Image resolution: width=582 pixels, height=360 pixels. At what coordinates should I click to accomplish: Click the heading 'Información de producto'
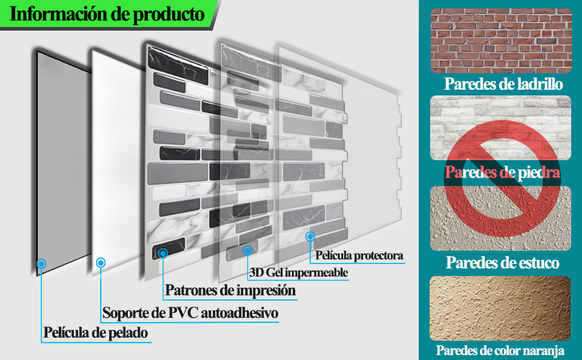coord(107,14)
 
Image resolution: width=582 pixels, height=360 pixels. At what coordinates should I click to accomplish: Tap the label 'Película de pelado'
coord(95,332)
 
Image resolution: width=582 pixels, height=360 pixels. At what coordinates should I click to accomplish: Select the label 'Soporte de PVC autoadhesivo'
coord(190,313)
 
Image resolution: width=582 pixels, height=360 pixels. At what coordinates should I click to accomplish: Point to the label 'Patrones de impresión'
coord(231,291)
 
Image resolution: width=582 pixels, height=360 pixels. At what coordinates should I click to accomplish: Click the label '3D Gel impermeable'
coord(299,273)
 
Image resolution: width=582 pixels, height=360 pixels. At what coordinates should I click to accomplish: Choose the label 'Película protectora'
coord(359,256)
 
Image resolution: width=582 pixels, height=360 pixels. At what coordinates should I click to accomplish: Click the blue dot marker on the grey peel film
coord(41,263)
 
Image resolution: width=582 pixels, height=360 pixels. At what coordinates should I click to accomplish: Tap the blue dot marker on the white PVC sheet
coord(100,262)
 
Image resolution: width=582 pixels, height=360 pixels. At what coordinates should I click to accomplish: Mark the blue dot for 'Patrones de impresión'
coord(163,253)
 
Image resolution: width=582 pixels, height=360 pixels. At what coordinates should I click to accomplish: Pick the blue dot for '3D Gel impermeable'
coord(247,250)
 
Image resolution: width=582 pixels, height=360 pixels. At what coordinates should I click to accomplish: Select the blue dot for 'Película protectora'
coord(310,236)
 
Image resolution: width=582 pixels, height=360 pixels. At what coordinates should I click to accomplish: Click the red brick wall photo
coord(500,41)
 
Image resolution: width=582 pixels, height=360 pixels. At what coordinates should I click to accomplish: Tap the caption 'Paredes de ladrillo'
coord(503,84)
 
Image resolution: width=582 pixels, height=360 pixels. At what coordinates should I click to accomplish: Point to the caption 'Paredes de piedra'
coord(503,173)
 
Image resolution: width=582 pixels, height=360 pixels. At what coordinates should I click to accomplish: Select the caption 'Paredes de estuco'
coord(503,262)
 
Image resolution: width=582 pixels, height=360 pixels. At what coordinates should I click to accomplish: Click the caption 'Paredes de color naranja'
coord(500,350)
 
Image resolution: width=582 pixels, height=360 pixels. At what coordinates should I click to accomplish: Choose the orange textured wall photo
coord(500,308)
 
